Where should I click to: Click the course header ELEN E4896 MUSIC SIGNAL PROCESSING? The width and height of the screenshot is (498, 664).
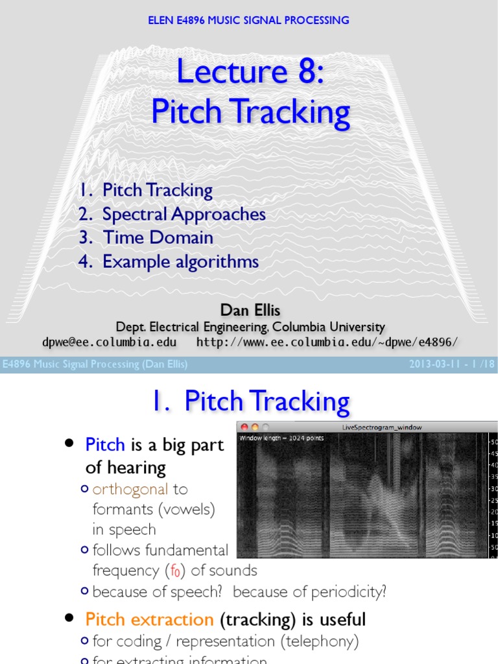(x=248, y=20)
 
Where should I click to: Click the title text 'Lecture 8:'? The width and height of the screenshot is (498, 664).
(x=250, y=71)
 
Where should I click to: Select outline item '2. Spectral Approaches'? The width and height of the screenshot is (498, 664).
(x=172, y=214)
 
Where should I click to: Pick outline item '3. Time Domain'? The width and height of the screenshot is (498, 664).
(x=146, y=237)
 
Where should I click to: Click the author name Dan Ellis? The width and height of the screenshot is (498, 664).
(x=250, y=310)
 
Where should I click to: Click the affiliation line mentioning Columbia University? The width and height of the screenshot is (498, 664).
(x=250, y=327)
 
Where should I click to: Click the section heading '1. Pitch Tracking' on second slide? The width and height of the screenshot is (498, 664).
(x=250, y=401)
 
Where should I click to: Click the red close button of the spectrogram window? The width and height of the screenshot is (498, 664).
(x=244, y=427)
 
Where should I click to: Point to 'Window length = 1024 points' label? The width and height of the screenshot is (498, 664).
(x=281, y=438)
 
